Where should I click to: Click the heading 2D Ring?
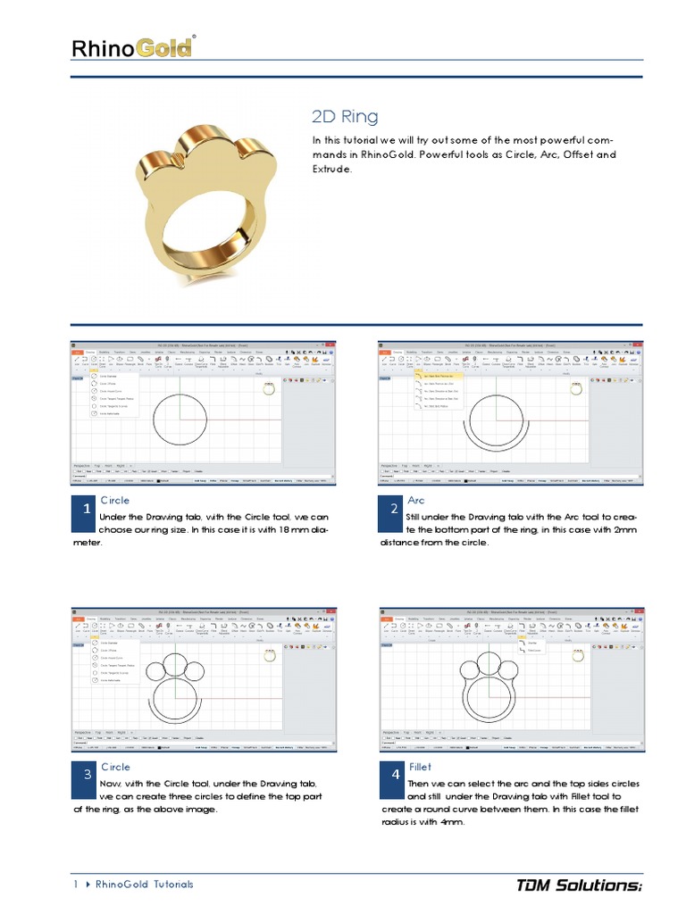pyautogui.click(x=345, y=117)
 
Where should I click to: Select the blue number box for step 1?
pyautogui.click(x=86, y=509)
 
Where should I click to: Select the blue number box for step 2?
pyautogui.click(x=394, y=509)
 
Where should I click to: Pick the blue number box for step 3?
pyautogui.click(x=86, y=775)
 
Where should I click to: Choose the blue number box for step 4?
pyautogui.click(x=394, y=775)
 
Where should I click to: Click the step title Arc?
pyautogui.click(x=416, y=501)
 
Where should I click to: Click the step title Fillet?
pyautogui.click(x=420, y=767)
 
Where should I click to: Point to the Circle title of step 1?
pyautogui.click(x=115, y=501)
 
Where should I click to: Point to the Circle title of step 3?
pyautogui.click(x=115, y=767)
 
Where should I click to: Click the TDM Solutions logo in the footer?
pyautogui.click(x=579, y=885)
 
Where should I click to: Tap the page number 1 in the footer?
pyautogui.click(x=76, y=885)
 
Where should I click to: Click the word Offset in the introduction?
pyautogui.click(x=573, y=154)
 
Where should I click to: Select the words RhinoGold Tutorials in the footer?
pyautogui.click(x=144, y=885)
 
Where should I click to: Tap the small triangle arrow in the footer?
pyautogui.click(x=88, y=885)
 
